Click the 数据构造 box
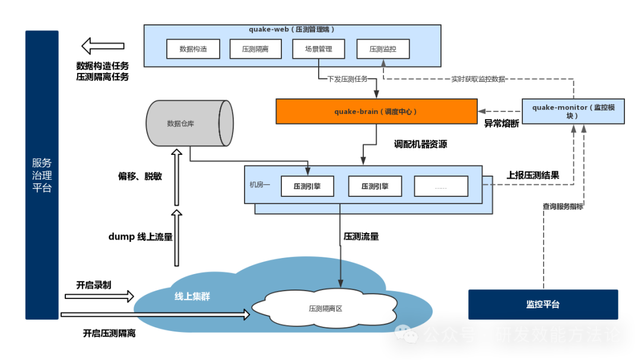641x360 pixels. (x=193, y=49)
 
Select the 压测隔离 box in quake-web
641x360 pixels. (x=255, y=49)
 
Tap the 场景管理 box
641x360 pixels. (x=319, y=49)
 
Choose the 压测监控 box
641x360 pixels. (x=383, y=49)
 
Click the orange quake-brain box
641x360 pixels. (x=376, y=111)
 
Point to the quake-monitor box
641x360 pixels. (x=573, y=111)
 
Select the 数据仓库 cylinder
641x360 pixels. (x=189, y=123)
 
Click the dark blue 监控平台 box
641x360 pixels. (x=543, y=304)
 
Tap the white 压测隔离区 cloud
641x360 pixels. (x=325, y=308)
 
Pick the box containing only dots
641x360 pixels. (x=441, y=186)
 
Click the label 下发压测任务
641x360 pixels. (x=347, y=79)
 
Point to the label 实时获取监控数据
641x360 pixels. (x=478, y=79)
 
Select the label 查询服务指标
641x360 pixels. (x=563, y=206)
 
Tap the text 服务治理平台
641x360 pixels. (x=42, y=175)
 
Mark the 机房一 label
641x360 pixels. (x=259, y=185)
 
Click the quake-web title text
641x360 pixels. (x=291, y=29)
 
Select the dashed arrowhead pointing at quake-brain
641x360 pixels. (x=483, y=111)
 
